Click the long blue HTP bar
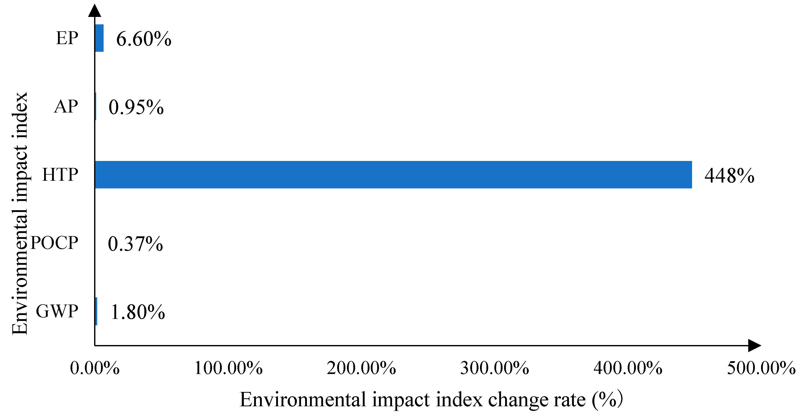tap(393, 175)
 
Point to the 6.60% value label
tap(144, 39)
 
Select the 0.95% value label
tap(136, 107)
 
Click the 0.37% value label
tap(135, 244)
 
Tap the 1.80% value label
tap(138, 312)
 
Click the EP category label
tap(67, 38)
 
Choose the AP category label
tap(66, 106)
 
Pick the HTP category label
tap(60, 175)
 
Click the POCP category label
tap(54, 243)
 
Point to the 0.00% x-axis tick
tap(95, 368)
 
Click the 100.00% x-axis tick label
tap(228, 368)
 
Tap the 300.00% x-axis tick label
tap(494, 368)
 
